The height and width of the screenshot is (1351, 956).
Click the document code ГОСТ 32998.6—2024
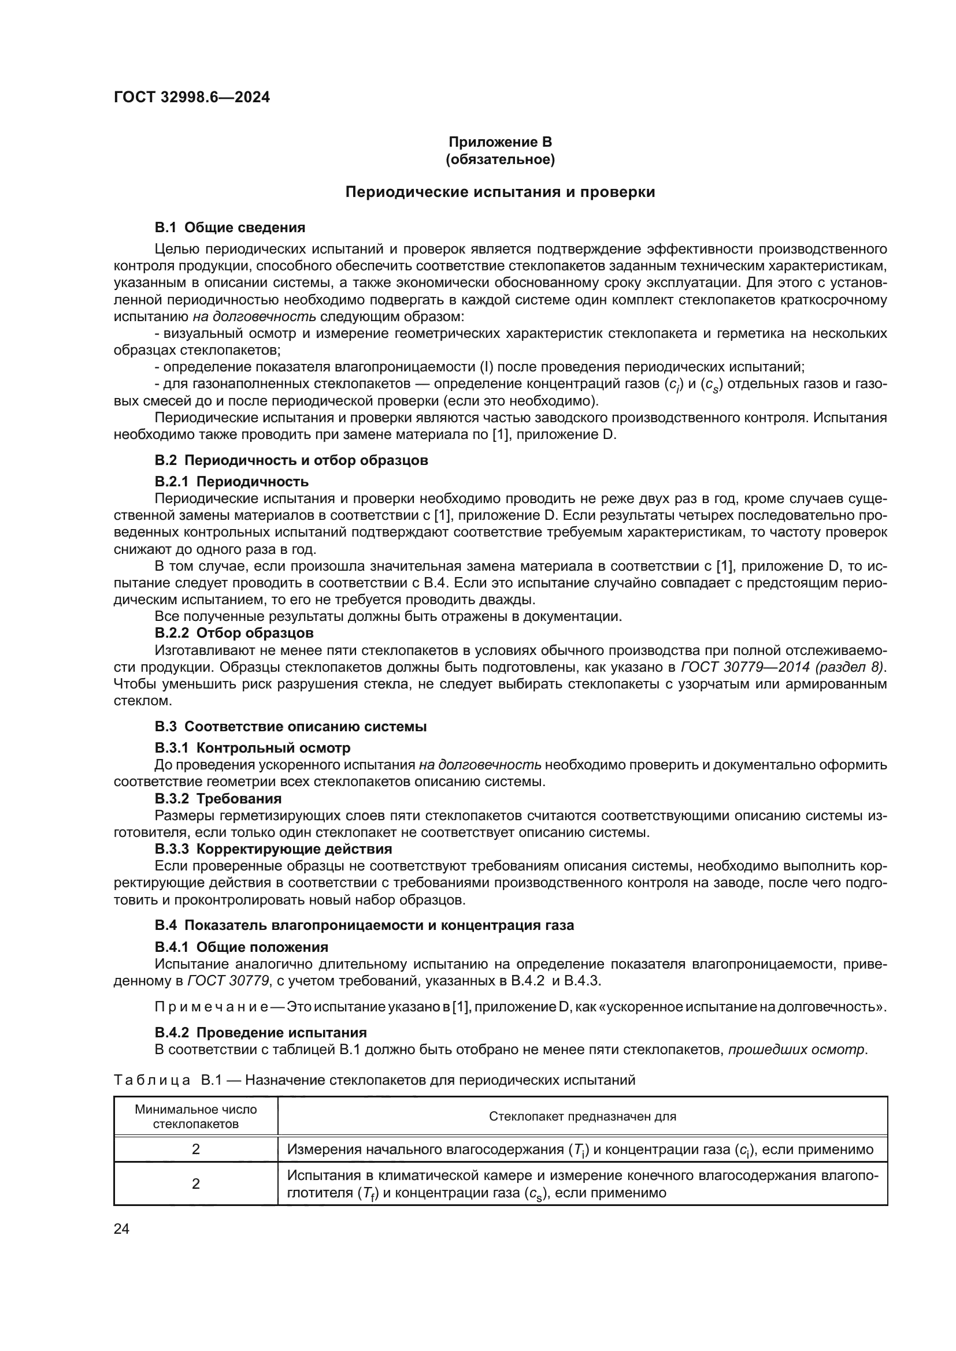pyautogui.click(x=191, y=98)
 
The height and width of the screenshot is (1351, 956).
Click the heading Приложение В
pyautogui.click(x=500, y=142)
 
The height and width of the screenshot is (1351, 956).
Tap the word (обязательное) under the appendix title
pyautogui.click(x=500, y=159)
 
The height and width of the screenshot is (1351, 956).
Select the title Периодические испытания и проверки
pyautogui.click(x=500, y=192)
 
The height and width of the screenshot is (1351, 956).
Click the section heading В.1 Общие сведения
pyautogui.click(x=229, y=228)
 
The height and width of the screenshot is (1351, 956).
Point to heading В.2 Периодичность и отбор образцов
pyautogui.click(x=291, y=460)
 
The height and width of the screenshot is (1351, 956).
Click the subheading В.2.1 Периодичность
pyautogui.click(x=231, y=482)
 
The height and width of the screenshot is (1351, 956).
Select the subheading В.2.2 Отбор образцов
pyautogui.click(x=234, y=633)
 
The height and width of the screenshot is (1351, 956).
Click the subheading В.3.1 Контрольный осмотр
pyautogui.click(x=252, y=748)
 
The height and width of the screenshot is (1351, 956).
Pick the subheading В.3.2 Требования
pyautogui.click(x=218, y=798)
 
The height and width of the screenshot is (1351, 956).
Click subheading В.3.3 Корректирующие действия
pyautogui.click(x=273, y=849)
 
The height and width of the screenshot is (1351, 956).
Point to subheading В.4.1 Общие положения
pyautogui.click(x=242, y=947)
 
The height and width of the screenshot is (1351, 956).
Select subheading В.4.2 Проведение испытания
pyautogui.click(x=260, y=1033)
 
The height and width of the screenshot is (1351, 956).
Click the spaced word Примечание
pyautogui.click(x=212, y=1007)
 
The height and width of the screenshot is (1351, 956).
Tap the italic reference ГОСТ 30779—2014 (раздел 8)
pyautogui.click(x=783, y=667)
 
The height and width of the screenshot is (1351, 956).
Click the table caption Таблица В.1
pyautogui.click(x=156, y=1080)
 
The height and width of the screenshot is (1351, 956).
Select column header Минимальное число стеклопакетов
pyautogui.click(x=195, y=1116)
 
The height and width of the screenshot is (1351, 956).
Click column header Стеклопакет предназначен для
pyautogui.click(x=582, y=1116)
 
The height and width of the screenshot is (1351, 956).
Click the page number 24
pyautogui.click(x=121, y=1229)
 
